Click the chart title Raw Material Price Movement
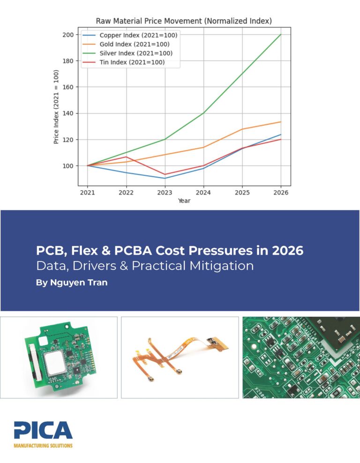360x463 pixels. point(184,21)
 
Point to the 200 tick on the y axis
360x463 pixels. point(68,35)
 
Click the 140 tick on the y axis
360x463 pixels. point(68,113)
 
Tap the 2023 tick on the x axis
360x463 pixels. point(165,192)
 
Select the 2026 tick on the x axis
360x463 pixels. point(281,192)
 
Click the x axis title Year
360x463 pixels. point(184,201)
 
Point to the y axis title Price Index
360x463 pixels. point(56,107)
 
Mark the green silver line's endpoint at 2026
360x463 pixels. point(281,34)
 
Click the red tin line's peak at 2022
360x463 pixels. point(127,157)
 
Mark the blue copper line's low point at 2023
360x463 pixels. point(165,178)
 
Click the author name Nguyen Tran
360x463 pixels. point(71,283)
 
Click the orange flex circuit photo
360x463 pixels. point(180,357)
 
